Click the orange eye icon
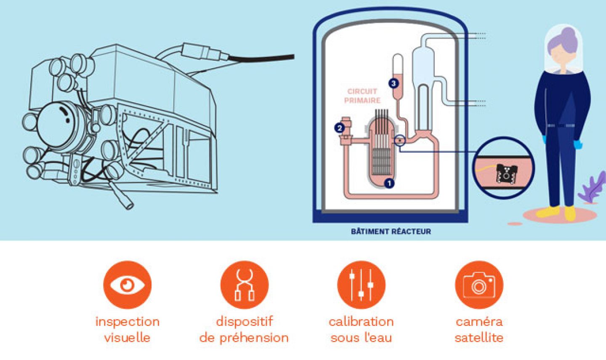click(x=127, y=285)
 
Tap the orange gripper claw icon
click(x=244, y=285)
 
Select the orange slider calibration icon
click(x=361, y=285)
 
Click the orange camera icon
click(x=479, y=285)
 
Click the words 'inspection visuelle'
click(x=127, y=329)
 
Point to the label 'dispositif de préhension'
click(x=244, y=329)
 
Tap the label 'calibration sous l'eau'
click(x=361, y=329)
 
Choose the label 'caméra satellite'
click(x=479, y=329)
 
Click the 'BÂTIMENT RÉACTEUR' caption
click(x=391, y=231)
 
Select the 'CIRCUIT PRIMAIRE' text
click(x=362, y=96)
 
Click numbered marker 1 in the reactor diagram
click(x=389, y=183)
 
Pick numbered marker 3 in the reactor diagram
click(x=393, y=83)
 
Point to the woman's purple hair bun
click(x=569, y=34)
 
